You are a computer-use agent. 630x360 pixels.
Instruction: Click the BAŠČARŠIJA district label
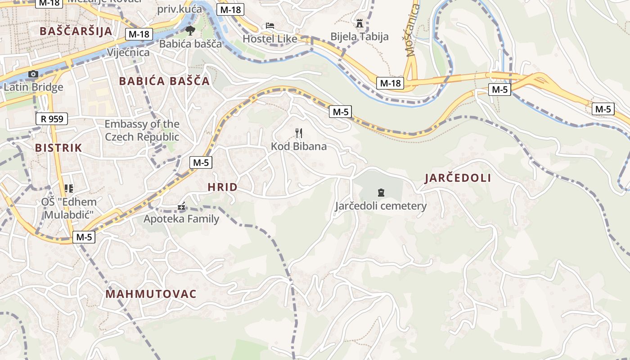pyautogui.click(x=76, y=31)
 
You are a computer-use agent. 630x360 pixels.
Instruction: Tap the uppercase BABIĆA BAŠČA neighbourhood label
pyautogui.click(x=164, y=81)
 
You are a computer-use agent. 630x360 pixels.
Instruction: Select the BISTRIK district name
pyautogui.click(x=58, y=148)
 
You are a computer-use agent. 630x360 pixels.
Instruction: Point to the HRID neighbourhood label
pyautogui.click(x=222, y=187)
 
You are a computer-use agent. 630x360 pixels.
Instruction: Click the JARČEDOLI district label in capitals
pyautogui.click(x=458, y=178)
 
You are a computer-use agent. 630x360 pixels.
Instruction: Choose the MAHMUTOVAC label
pyautogui.click(x=151, y=294)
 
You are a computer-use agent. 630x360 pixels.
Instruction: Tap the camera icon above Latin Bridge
pyautogui.click(x=33, y=74)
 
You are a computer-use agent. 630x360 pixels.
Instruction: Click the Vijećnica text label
pyautogui.click(x=128, y=53)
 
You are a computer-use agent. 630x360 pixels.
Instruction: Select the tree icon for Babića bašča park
pyautogui.click(x=190, y=31)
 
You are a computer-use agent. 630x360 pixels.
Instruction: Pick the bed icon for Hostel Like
pyautogui.click(x=270, y=26)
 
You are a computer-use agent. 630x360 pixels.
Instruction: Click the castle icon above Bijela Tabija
pyautogui.click(x=359, y=23)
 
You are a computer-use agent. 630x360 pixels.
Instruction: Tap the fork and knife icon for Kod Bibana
pyautogui.click(x=298, y=133)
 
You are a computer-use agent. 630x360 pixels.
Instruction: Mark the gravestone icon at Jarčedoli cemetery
pyautogui.click(x=381, y=193)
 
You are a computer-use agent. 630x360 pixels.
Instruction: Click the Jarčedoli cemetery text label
pyautogui.click(x=381, y=206)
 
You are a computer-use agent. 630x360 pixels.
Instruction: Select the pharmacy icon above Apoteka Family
pyautogui.click(x=181, y=207)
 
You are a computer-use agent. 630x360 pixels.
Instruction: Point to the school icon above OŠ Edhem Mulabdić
pyautogui.click(x=68, y=188)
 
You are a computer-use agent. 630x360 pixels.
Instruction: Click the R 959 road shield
pyautogui.click(x=52, y=119)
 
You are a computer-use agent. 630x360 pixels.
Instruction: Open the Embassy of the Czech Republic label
pyautogui.click(x=142, y=130)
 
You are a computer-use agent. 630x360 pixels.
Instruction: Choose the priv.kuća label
pyautogui.click(x=180, y=9)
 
